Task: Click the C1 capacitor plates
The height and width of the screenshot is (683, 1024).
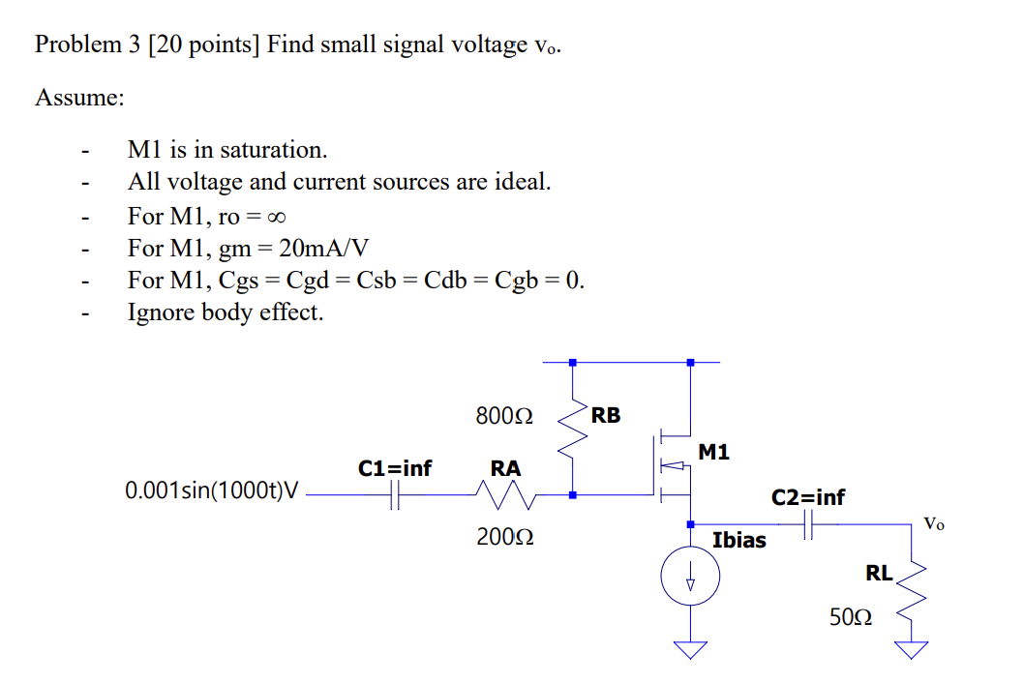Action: coord(394,496)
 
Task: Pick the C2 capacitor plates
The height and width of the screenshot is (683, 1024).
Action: coord(808,524)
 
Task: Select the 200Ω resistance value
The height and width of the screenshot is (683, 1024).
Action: coord(505,537)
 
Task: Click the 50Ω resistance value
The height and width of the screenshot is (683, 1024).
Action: coord(851,616)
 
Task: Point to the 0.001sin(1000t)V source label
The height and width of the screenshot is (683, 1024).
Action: coord(211,491)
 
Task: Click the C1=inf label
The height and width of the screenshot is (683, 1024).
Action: coord(395,469)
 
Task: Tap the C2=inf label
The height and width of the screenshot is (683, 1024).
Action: coord(807,497)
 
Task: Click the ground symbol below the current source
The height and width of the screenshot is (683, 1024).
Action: coord(690,647)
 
